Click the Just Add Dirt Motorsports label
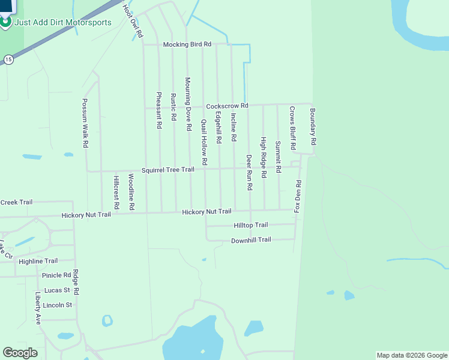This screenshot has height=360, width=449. click(x=63, y=23)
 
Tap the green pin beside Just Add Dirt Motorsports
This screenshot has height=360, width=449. click(x=6, y=22)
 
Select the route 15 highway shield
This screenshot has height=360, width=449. click(x=8, y=59)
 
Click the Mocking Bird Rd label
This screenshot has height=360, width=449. click(x=188, y=44)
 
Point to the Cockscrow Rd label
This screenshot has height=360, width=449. click(x=227, y=106)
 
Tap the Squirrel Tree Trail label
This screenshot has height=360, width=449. click(x=168, y=170)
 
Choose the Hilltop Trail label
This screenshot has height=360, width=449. click(x=250, y=225)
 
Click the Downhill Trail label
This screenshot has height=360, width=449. click(x=251, y=240)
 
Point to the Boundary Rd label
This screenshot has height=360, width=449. click(x=312, y=127)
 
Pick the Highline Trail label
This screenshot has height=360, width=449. click(x=38, y=261)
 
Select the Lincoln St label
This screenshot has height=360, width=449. click(x=57, y=305)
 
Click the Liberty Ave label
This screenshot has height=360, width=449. click(x=38, y=308)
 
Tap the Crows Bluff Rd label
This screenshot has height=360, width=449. click(x=292, y=128)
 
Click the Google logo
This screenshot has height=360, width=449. click(x=20, y=353)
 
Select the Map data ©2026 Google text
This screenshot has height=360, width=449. click(x=412, y=355)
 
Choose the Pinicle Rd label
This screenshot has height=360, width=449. click(x=56, y=275)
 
